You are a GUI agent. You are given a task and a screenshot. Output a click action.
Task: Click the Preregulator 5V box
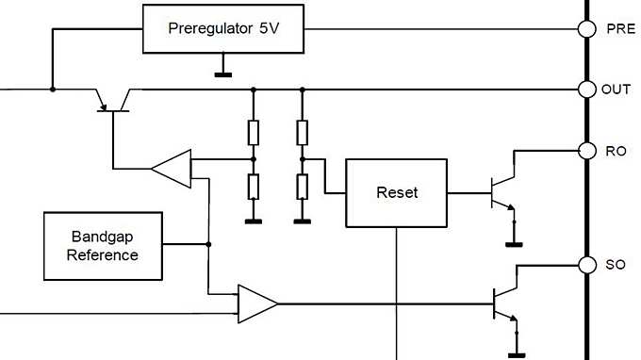[x=223, y=28]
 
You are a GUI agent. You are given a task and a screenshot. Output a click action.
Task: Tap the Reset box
[x=396, y=192]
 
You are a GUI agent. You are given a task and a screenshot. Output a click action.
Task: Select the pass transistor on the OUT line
[x=112, y=98]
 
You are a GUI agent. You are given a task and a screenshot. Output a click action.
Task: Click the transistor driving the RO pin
[x=501, y=192]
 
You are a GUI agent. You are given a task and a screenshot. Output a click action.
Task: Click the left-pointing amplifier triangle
[x=173, y=168]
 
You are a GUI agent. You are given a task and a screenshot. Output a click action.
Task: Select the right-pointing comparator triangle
[x=256, y=303]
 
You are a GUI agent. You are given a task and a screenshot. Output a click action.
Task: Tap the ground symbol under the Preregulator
[x=223, y=72]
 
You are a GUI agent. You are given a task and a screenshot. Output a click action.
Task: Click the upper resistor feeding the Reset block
[x=302, y=133]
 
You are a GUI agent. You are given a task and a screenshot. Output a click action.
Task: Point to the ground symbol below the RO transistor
[x=515, y=241]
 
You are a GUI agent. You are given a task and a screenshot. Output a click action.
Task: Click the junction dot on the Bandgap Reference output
[x=207, y=244]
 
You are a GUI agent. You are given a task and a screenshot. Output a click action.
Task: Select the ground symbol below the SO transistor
[x=515, y=353]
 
